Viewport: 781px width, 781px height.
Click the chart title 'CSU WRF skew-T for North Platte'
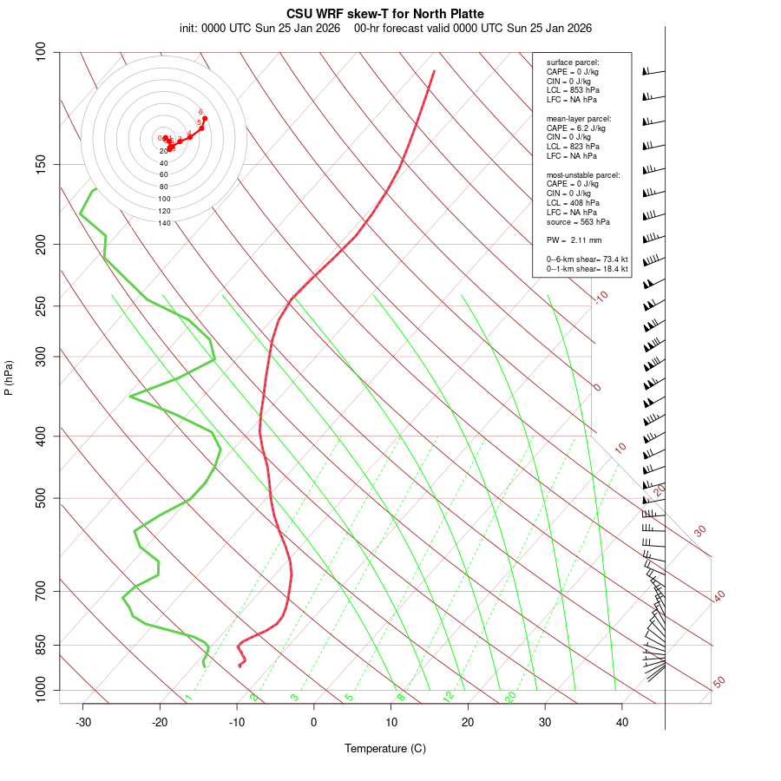[385, 14]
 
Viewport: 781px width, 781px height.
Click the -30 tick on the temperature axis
[83, 722]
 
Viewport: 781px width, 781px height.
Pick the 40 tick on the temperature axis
[622, 722]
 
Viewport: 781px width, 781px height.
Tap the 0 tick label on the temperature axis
[314, 722]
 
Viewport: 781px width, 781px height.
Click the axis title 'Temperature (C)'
[385, 748]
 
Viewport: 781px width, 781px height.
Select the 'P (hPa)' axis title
[9, 378]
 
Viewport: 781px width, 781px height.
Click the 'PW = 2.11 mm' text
[574, 240]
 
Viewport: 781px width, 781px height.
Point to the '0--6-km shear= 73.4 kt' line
[587, 259]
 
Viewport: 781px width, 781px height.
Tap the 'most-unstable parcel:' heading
[583, 174]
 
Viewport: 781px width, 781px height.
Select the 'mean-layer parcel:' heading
[579, 118]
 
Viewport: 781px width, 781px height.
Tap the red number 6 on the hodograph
[200, 112]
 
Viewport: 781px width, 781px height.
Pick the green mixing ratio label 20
[510, 696]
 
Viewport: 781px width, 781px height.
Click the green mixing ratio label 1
[188, 698]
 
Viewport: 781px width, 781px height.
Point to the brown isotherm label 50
[719, 683]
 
